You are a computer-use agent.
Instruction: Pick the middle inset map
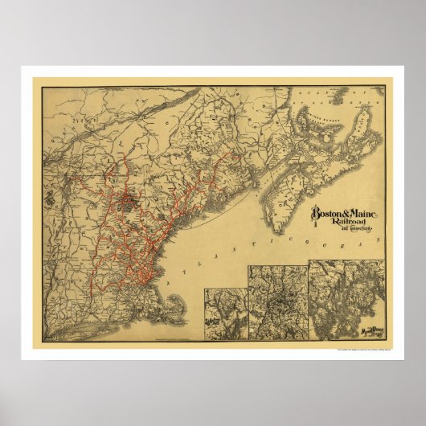277,301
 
